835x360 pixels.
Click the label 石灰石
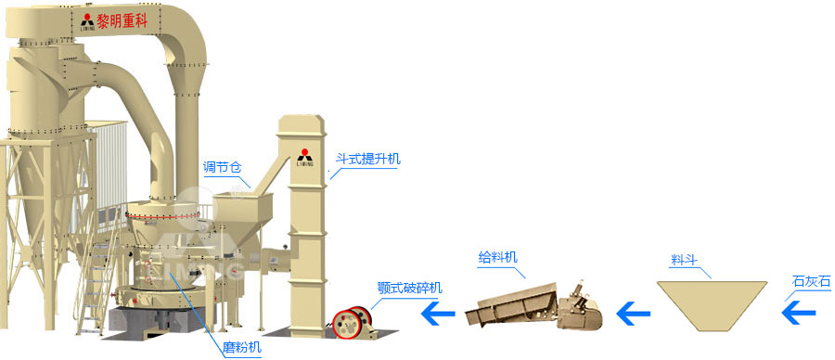[812, 280]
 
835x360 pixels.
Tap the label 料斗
[683, 259]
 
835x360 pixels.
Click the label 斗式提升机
[367, 160]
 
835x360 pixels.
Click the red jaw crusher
[352, 321]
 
